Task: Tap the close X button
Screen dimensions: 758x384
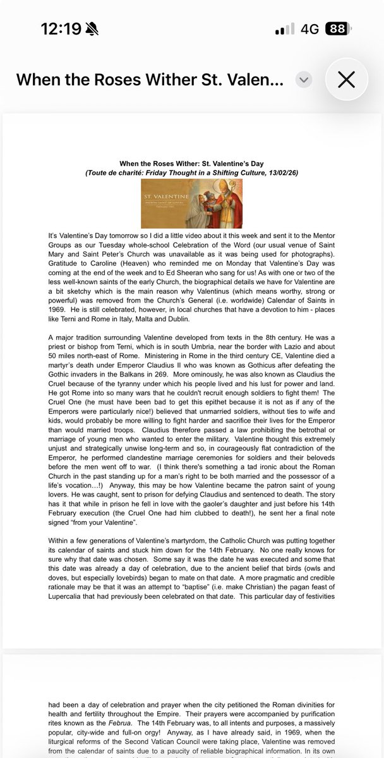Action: pos(346,79)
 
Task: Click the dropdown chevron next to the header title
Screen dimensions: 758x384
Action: pos(304,80)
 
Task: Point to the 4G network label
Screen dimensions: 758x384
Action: pos(309,29)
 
